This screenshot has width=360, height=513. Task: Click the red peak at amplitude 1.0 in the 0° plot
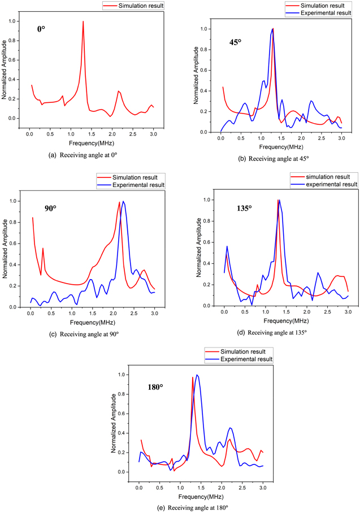[x=83, y=21]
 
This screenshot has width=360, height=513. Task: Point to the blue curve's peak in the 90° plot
[x=123, y=201]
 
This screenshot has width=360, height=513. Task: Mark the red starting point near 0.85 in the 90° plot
[x=33, y=218]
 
